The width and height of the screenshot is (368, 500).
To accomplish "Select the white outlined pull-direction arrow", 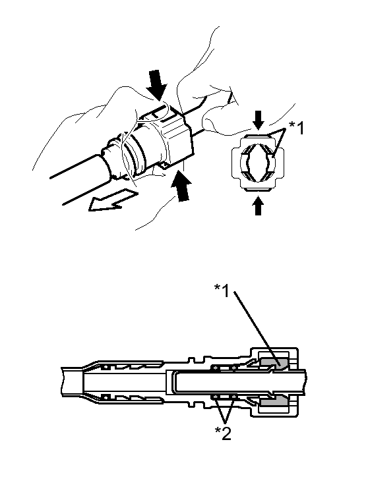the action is pos(111,200).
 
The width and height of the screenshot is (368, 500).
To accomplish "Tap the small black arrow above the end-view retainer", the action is pos(259,120).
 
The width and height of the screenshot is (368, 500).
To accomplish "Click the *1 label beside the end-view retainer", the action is pos(296,128).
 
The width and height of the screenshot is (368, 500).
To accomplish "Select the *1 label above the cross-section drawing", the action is pos(222,291).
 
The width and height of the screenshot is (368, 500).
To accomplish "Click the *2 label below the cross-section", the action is pos(223,433).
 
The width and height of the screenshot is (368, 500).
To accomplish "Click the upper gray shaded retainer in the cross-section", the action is pos(274,363).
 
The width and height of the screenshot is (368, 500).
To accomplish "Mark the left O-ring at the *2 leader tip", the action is pos(216,397).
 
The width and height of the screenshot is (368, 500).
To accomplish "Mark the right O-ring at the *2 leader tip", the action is pos(234,397).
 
